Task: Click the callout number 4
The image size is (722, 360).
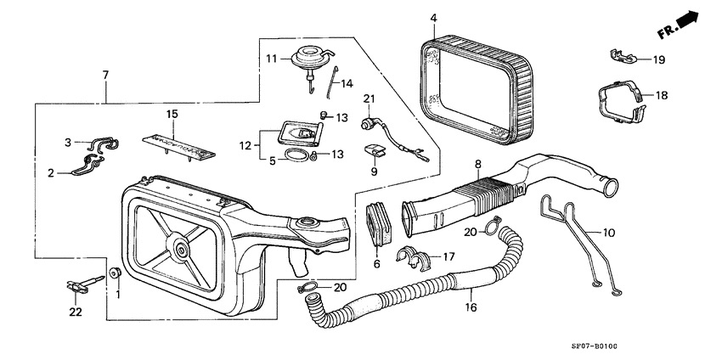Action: [432, 18]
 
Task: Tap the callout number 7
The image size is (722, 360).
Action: [106, 76]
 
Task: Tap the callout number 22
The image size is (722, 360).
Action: [75, 312]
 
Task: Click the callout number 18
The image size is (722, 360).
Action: [662, 95]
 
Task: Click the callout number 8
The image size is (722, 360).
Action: [477, 164]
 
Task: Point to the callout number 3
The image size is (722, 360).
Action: [68, 141]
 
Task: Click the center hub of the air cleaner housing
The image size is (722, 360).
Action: [182, 249]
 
